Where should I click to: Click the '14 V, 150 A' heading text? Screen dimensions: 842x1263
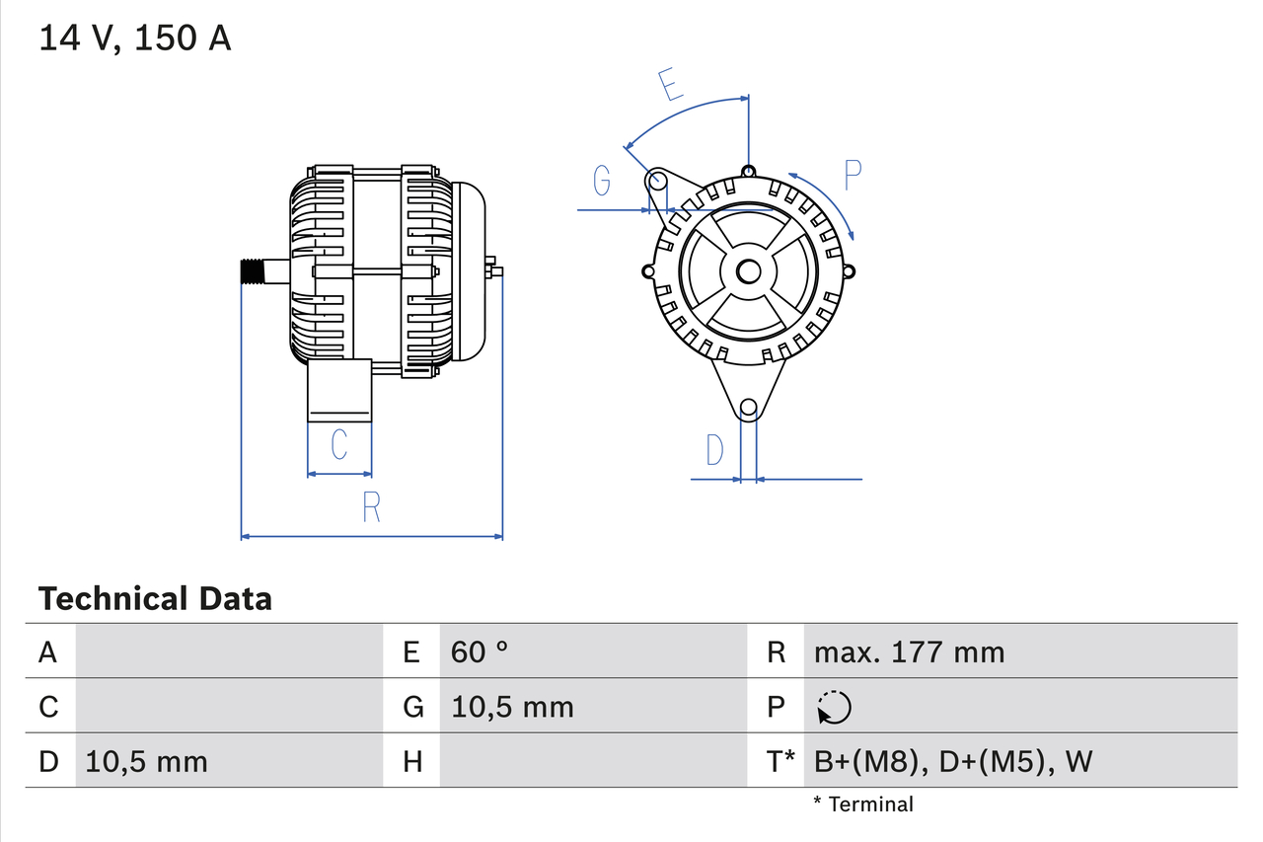[x=135, y=38]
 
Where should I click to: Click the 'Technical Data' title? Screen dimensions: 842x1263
[x=155, y=598]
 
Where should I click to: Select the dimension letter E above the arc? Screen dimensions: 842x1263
[x=671, y=85]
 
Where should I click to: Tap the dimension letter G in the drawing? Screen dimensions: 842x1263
[x=602, y=181]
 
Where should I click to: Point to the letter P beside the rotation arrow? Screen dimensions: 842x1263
[x=853, y=175]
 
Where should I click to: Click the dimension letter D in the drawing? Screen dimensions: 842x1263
[x=714, y=450]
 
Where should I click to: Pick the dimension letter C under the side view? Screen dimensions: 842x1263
[x=338, y=445]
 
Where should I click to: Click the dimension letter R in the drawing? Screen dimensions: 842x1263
[x=371, y=507]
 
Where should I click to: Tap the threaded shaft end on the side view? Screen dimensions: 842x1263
[x=255, y=271]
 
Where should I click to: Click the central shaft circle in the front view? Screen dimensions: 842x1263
[x=749, y=271]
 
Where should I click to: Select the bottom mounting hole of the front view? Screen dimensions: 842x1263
[x=749, y=407]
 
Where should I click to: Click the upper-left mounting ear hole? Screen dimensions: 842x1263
[x=657, y=181]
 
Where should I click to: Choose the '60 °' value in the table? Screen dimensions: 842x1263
[x=480, y=652]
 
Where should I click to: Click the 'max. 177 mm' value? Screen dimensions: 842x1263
[x=909, y=652]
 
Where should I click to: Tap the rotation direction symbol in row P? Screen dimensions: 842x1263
[x=834, y=707]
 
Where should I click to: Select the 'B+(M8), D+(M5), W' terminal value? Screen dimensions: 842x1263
[x=953, y=761]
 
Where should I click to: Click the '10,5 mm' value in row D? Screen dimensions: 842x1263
[x=147, y=761]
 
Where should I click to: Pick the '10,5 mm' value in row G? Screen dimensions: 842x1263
[x=512, y=707]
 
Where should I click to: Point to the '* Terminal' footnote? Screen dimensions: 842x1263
[x=863, y=804]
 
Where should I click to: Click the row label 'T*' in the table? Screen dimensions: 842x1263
[x=780, y=761]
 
